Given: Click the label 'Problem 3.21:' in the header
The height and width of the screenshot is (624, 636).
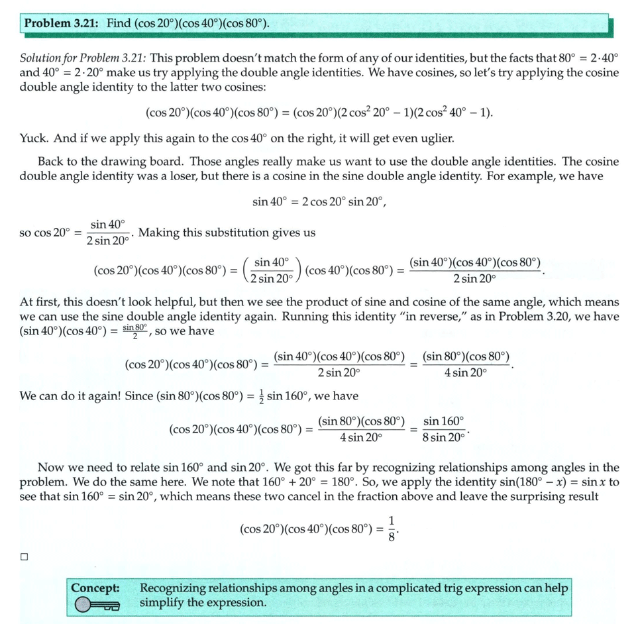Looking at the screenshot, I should point(61,24).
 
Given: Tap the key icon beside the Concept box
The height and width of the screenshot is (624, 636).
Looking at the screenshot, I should point(97,604).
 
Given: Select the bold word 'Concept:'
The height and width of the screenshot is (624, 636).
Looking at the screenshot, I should point(95,588).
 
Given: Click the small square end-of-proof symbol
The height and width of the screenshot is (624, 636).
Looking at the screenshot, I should point(24,557).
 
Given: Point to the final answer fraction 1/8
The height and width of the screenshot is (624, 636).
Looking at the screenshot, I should point(392,529).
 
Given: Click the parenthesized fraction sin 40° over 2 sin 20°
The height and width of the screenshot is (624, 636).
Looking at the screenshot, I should point(272,270).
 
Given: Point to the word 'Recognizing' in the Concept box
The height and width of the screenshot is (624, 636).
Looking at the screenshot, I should point(173,588).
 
